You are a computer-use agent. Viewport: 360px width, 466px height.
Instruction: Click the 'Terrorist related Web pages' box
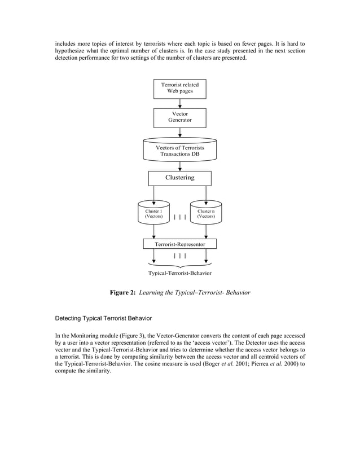[x=179, y=88]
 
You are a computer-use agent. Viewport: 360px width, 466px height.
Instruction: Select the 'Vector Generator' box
[x=179, y=117]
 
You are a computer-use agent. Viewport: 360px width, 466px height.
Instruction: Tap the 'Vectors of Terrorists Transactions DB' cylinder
[x=179, y=150]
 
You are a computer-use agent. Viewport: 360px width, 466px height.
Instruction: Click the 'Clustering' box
[x=179, y=178]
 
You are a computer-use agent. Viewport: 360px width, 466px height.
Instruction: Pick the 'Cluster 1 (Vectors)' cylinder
[x=153, y=213]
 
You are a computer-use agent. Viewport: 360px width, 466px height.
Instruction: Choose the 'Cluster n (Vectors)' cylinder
[x=205, y=213]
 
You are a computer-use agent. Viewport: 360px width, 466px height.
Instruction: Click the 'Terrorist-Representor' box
[x=179, y=244]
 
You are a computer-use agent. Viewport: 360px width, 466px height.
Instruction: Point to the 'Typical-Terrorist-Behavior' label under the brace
[x=179, y=273]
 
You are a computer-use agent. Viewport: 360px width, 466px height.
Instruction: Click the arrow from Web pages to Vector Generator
[x=179, y=103]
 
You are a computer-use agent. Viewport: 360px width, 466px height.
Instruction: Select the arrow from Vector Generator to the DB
[x=179, y=133]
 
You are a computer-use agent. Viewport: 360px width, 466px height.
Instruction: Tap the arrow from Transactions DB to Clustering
[x=179, y=166]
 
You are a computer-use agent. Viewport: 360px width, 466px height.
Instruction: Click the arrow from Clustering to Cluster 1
[x=153, y=193]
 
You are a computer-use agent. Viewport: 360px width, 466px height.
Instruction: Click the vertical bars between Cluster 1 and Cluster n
[x=179, y=216]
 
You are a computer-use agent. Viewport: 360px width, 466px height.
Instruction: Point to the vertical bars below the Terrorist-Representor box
[x=179, y=256]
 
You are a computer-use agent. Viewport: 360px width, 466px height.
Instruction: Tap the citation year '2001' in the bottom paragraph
[x=237, y=364]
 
